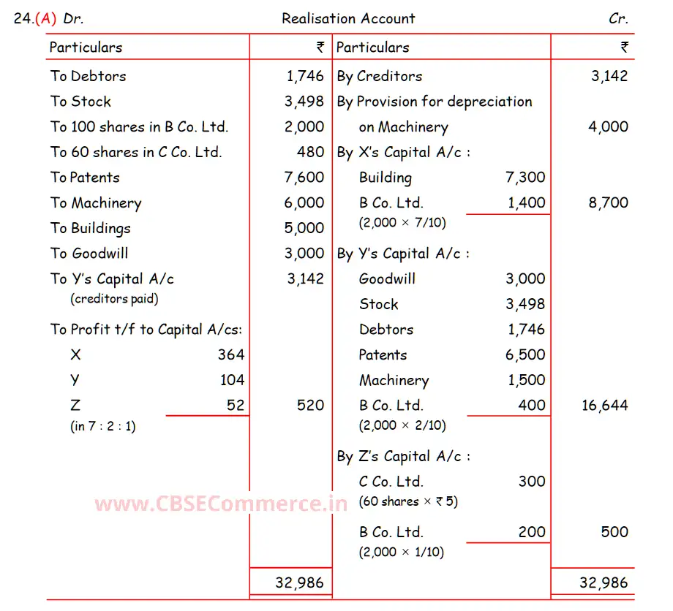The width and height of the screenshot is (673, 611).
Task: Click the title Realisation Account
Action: [348, 19]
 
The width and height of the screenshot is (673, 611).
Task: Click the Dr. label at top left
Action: [73, 19]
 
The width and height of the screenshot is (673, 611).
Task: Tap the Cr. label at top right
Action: [618, 19]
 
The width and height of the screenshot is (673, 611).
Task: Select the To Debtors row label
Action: [89, 76]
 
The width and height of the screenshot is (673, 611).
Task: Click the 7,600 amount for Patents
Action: [304, 178]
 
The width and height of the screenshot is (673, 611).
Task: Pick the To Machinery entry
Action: [96, 203]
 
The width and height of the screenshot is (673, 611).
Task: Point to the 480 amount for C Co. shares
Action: [310, 152]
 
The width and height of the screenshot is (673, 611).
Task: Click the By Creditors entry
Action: [380, 76]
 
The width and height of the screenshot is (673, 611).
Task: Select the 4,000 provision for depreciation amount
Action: [608, 127]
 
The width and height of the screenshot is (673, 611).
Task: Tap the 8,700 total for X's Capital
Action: [608, 203]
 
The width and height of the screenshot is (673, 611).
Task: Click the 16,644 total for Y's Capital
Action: [604, 406]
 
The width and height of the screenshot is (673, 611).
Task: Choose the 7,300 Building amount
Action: [525, 178]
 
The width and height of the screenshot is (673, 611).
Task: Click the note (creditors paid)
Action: [114, 298]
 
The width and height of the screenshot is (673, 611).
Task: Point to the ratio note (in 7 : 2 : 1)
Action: [103, 426]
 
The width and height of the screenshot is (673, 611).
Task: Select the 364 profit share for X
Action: [230, 355]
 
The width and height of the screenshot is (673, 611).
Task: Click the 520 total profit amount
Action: [310, 406]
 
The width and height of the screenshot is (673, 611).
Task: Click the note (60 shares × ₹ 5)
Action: [408, 502]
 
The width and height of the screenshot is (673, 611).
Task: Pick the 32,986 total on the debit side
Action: [299, 583]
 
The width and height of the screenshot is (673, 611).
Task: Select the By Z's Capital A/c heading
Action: [403, 457]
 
